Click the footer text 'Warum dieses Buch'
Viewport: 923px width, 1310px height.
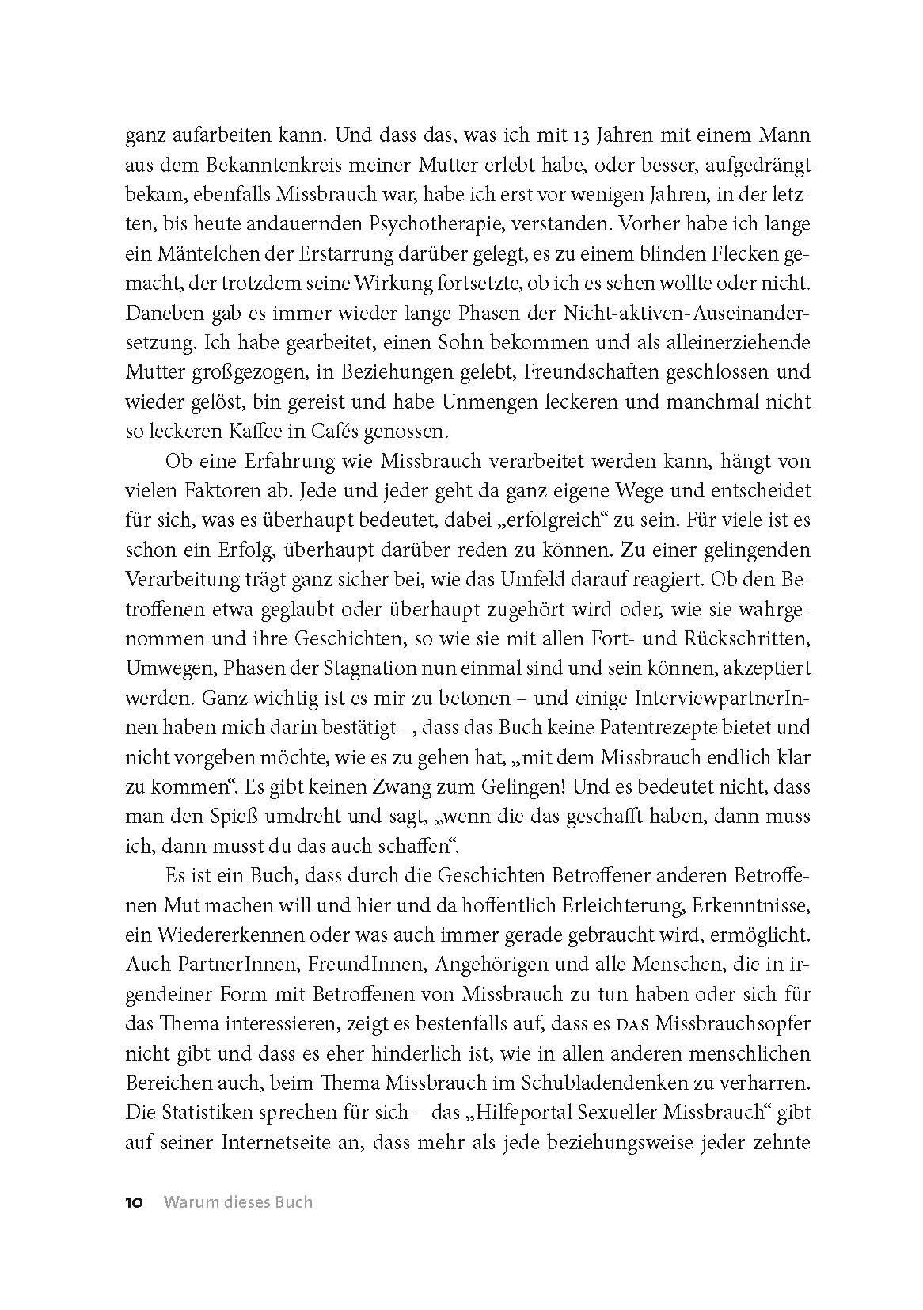(237, 1202)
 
